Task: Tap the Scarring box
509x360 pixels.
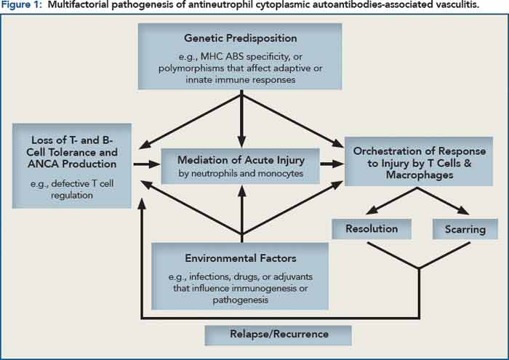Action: pyautogui.click(x=465, y=228)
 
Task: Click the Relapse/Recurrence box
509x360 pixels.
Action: pyautogui.click(x=278, y=335)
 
